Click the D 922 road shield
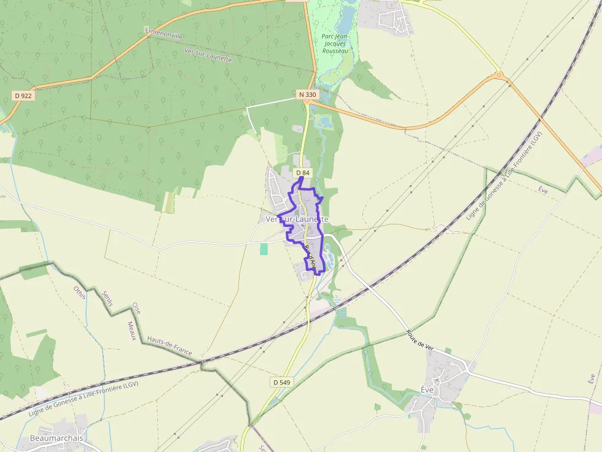click(x=23, y=96)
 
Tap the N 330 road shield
click(x=308, y=94)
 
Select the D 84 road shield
click(x=302, y=173)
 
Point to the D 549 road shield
click(x=281, y=382)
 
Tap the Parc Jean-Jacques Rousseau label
click(x=335, y=43)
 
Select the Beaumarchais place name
click(x=57, y=439)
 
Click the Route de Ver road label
click(x=420, y=340)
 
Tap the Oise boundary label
click(x=136, y=308)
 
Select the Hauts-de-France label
click(x=170, y=347)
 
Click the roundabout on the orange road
click(x=499, y=77)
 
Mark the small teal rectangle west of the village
click(x=264, y=249)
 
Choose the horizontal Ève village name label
click(x=428, y=390)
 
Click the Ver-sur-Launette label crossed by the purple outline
click(x=297, y=219)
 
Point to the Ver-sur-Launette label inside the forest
click(x=208, y=55)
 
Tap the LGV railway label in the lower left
click(x=84, y=399)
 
